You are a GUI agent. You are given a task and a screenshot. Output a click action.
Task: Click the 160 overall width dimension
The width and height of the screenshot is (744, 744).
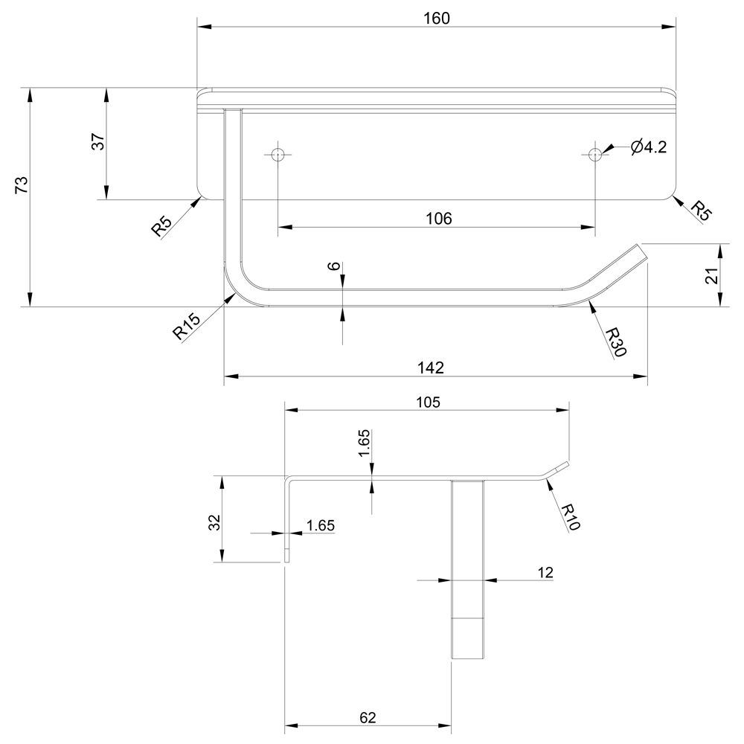click(437, 19)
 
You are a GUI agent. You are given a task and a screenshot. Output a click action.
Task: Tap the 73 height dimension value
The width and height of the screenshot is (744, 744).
click(22, 185)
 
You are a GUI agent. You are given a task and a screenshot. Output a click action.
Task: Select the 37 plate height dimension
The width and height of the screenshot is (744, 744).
click(98, 141)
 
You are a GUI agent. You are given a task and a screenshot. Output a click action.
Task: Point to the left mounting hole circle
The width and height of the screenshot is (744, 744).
click(278, 155)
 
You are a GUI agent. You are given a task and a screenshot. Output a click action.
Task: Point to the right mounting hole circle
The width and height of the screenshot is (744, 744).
click(594, 154)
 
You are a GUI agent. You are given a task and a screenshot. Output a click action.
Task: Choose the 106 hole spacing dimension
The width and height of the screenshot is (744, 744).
click(439, 218)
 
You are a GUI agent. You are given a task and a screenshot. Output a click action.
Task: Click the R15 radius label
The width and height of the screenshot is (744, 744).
click(187, 327)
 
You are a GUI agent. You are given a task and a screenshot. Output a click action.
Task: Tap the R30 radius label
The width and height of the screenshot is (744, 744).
click(615, 341)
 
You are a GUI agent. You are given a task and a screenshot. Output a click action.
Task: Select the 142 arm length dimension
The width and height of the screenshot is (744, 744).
click(431, 368)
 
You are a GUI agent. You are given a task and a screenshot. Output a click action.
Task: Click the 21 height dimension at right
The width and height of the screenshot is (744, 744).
click(711, 275)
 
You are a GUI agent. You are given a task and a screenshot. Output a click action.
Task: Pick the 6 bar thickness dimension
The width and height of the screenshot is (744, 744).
click(334, 266)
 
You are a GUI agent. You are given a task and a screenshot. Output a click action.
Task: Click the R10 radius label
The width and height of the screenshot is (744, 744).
click(570, 516)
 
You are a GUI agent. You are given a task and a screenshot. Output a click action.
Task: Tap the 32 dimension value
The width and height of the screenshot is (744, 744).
click(214, 522)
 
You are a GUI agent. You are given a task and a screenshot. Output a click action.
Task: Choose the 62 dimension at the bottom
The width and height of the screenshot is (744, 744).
click(368, 717)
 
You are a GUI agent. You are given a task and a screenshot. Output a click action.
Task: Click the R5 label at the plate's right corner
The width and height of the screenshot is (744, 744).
click(700, 210)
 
